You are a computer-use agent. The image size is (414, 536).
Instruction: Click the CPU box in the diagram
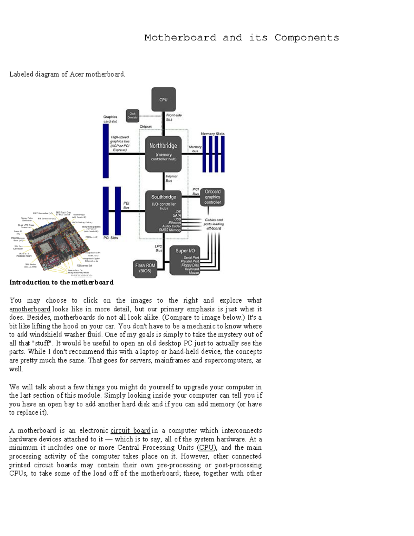pos(164,99)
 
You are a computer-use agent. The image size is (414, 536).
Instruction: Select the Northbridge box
pos(164,153)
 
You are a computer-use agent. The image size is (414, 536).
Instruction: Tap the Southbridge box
pos(164,211)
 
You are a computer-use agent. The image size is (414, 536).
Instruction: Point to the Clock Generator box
pos(132,116)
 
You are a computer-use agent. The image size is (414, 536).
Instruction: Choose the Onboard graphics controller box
pos(213,197)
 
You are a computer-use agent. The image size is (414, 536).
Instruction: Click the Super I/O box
pos(185,261)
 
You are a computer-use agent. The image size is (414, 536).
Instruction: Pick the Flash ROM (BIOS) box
pos(145,268)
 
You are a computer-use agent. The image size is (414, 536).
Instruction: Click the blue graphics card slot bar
pos(106,151)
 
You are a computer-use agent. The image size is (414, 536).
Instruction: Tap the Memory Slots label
pos(213,134)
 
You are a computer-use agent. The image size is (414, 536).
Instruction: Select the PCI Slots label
pos(111,238)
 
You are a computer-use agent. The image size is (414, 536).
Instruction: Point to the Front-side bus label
pos(174,117)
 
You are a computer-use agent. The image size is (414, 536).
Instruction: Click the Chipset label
pos(146,127)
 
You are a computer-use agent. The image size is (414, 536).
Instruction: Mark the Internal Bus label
pos(171,178)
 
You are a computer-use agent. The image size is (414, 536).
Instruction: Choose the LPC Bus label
pos(158,248)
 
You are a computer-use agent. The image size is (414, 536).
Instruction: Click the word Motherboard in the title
pos(180,38)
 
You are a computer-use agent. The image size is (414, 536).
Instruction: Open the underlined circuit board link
pos(130,430)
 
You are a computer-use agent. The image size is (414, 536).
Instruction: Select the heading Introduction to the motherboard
pos(61,282)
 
